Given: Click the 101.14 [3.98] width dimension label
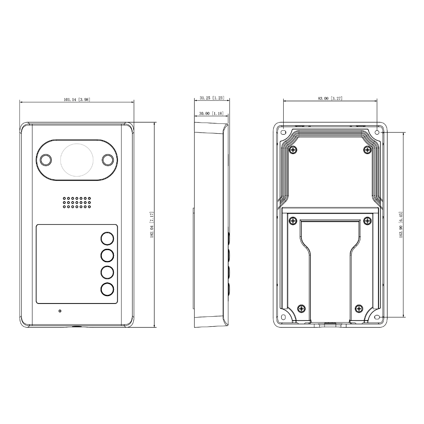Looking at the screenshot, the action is [x=77, y=99].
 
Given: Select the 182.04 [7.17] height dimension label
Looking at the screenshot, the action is [x=152, y=225].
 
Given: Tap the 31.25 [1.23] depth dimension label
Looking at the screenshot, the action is [x=212, y=98].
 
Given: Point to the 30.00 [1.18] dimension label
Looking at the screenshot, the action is [x=212, y=113].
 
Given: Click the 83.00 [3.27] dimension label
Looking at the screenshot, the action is [x=330, y=99].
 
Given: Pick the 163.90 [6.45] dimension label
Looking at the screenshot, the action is [x=401, y=224].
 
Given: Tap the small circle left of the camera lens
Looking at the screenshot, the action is [x=46, y=160].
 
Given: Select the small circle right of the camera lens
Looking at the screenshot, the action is [x=108, y=160].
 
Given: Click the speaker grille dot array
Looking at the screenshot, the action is [x=77, y=202].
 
